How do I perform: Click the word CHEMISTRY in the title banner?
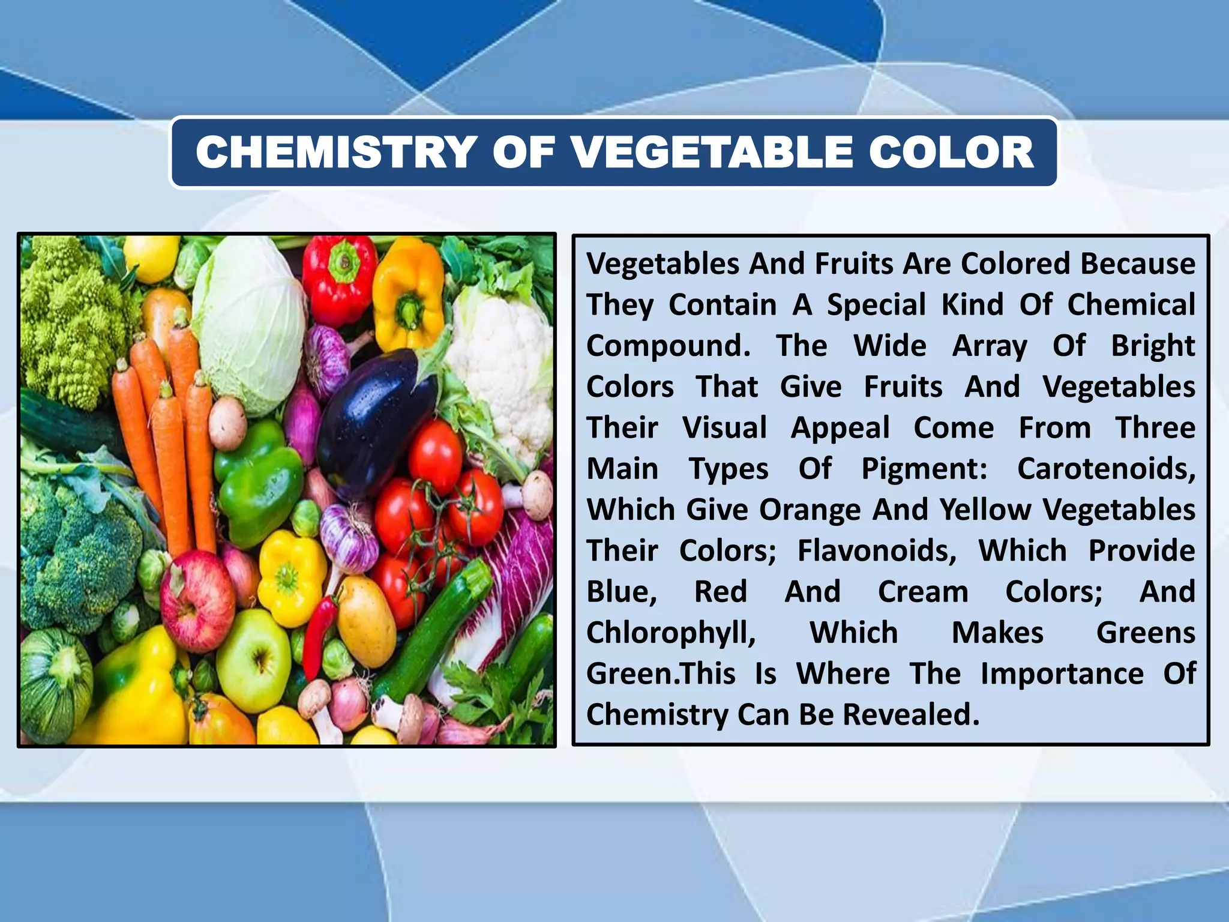336,152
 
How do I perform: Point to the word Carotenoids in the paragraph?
1106,469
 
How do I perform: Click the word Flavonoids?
877,551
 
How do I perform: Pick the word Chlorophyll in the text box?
671,633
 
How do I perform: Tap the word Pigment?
924,469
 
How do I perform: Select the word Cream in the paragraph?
923,592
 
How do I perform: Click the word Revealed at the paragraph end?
910,715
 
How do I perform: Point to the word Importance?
1062,674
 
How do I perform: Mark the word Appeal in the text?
840,428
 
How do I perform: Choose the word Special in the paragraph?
877,305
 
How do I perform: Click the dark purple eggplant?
372,420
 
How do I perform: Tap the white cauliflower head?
504,354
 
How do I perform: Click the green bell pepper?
258,480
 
